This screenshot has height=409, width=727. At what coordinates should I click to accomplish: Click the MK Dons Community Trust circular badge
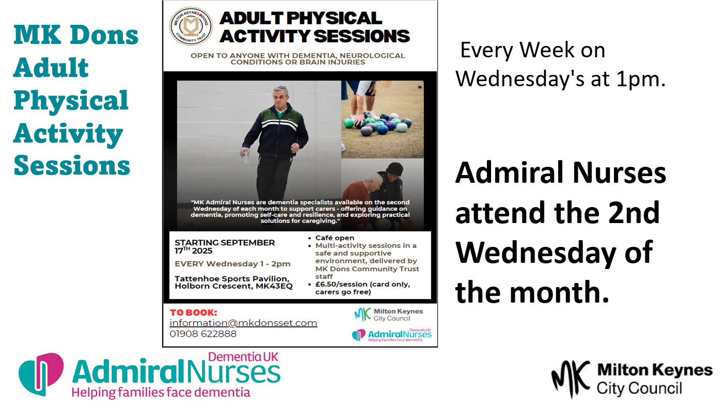click(191, 26)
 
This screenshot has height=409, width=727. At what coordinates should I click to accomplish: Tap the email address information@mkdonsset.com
click(243, 323)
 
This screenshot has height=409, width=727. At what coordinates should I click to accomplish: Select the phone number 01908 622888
click(203, 334)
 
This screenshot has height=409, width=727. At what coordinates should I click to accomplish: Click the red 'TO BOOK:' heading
click(194, 312)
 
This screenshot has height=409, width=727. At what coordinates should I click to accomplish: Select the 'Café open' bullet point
click(335, 238)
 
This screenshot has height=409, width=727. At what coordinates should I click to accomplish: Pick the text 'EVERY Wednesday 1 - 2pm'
click(232, 264)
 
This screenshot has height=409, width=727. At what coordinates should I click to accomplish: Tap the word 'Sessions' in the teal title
click(72, 165)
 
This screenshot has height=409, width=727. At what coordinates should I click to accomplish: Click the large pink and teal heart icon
click(41, 374)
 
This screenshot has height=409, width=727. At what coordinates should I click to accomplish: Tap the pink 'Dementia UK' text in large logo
click(243, 357)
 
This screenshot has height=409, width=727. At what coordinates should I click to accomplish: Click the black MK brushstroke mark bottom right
click(571, 379)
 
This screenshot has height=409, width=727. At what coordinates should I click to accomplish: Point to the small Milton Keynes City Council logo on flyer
click(388, 315)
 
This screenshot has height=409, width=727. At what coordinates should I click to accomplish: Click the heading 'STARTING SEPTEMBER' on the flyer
click(225, 243)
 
